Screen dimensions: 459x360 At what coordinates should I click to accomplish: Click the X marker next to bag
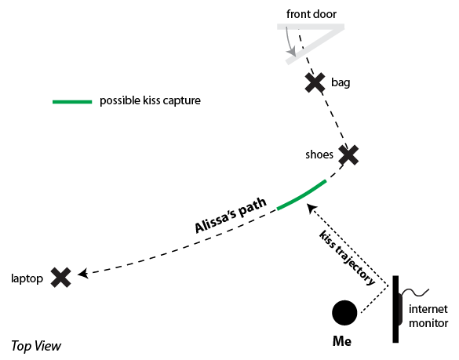[x=315, y=83]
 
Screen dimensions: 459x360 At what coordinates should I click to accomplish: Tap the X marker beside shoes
[x=348, y=155]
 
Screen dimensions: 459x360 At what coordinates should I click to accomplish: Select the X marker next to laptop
[x=61, y=277]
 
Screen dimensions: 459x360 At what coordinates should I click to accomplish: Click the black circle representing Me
[x=344, y=313]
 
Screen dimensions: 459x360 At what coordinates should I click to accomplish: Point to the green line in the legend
[x=72, y=102]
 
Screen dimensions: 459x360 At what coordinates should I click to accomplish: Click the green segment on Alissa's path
[x=302, y=195]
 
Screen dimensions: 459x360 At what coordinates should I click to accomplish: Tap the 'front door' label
[x=311, y=14]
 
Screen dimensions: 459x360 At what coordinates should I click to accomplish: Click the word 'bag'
[x=341, y=83]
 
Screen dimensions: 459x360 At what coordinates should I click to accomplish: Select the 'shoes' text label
[x=319, y=155]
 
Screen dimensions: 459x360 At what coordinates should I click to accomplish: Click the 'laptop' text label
[x=27, y=278]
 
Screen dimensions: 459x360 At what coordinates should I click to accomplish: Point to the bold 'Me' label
[x=342, y=341]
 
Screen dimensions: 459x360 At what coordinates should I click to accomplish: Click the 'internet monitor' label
[x=428, y=316]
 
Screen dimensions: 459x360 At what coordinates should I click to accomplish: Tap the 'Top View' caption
[x=36, y=346]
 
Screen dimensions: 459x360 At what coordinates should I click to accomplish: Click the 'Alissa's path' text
[x=231, y=216]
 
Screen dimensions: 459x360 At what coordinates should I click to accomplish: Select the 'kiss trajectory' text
[x=347, y=258]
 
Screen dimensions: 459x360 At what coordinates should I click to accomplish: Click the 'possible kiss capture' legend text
[x=150, y=100]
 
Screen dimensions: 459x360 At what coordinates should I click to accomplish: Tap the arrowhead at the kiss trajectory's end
[x=311, y=209]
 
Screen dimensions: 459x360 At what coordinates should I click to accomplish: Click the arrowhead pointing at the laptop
[x=83, y=274]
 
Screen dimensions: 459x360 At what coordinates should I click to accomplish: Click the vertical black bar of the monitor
[x=395, y=309]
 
